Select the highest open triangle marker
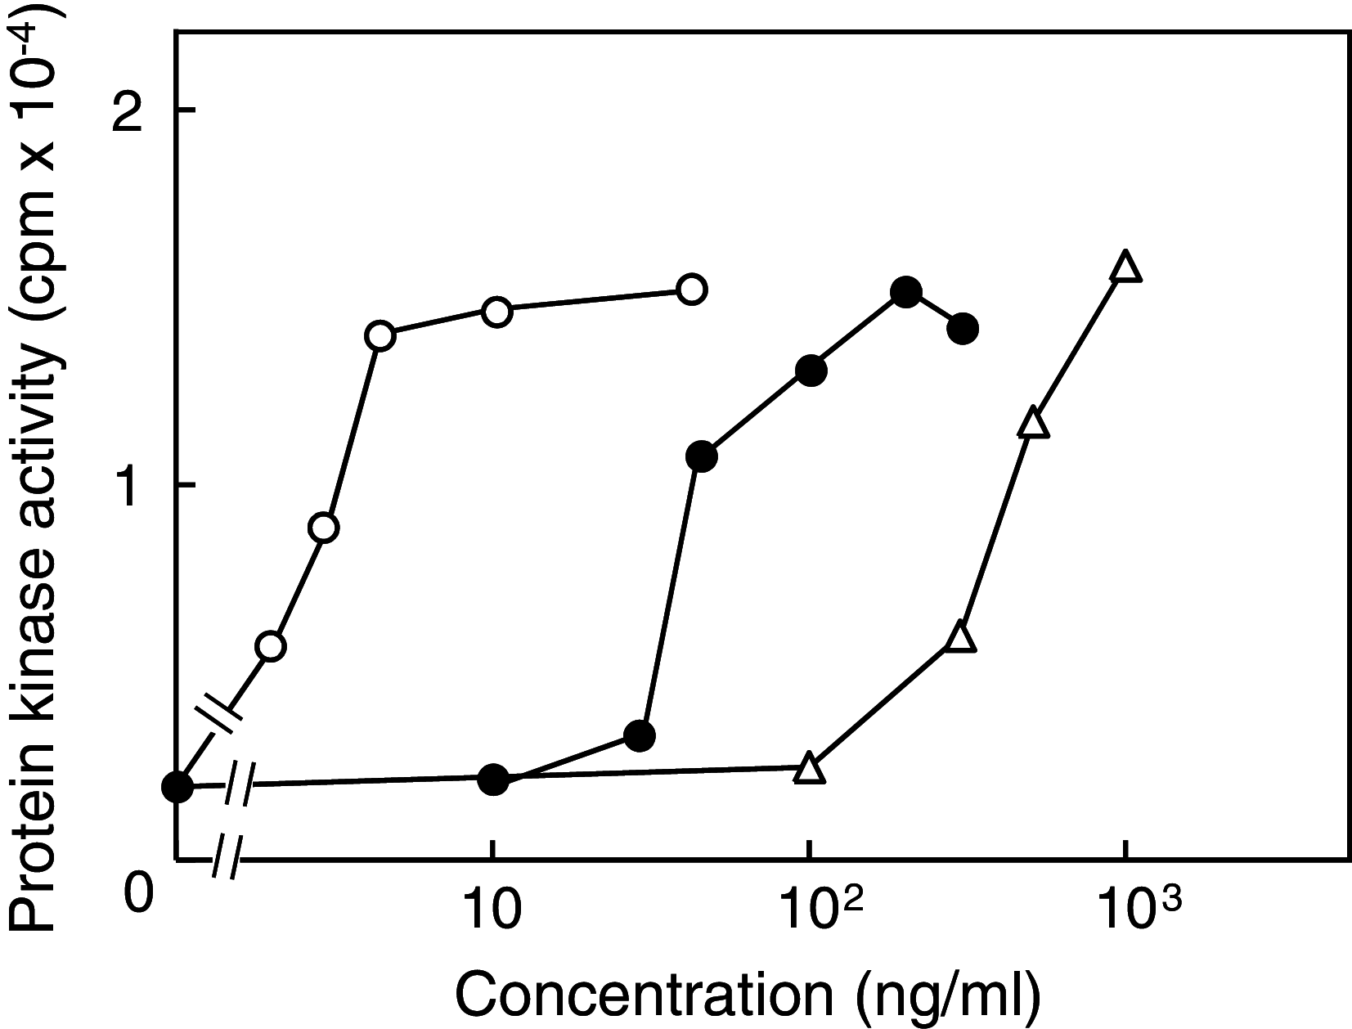coord(1125,267)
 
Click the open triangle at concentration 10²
coord(809,768)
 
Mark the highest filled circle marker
coord(905,292)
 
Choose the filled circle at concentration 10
coord(492,779)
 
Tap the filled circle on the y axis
coord(177,787)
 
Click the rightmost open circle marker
coord(692,289)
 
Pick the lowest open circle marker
coord(272,646)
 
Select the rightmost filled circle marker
coord(963,329)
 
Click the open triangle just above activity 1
coord(1034,422)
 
